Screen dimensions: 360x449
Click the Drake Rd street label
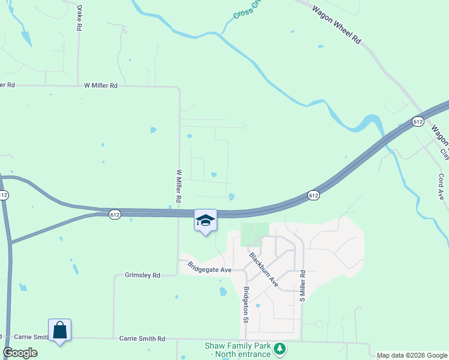pos(79,19)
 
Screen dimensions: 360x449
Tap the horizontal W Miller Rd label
pos(101,86)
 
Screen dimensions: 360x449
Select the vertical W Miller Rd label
pos(179,185)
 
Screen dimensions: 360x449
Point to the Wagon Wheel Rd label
pos(337,24)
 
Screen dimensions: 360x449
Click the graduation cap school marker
pos(205,220)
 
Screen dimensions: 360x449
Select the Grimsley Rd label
pos(142,275)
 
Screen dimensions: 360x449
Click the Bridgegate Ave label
pos(209,267)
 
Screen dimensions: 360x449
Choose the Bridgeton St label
pos(246,304)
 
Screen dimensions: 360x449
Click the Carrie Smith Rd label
pos(142,338)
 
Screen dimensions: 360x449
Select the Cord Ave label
pos(441,187)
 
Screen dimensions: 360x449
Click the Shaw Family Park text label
pos(238,350)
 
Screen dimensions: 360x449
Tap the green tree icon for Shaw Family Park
pos(279,349)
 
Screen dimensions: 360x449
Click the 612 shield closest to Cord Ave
pos(418,122)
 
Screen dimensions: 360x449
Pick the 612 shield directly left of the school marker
pos(115,214)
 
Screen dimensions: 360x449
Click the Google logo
pos(20,353)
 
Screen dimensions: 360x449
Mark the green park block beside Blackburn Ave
pos(255,234)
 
